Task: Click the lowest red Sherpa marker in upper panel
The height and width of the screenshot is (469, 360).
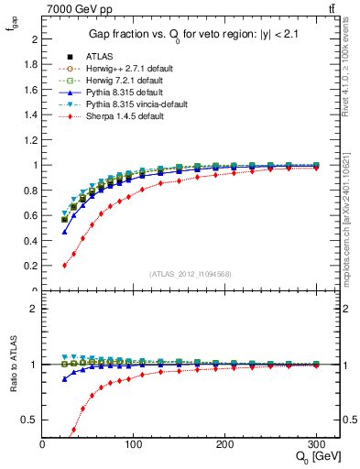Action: pos(64,266)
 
